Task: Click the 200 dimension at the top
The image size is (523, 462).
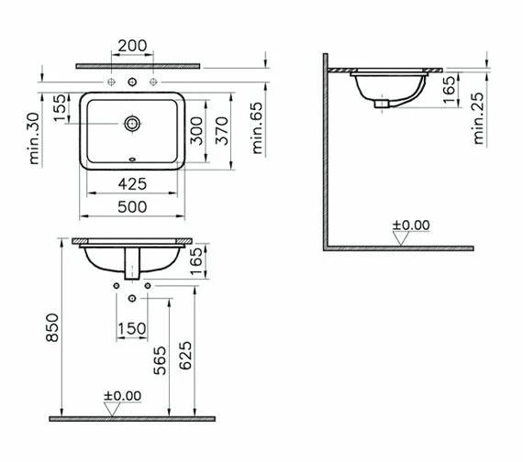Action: [x=132, y=46]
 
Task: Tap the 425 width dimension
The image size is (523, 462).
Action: [x=132, y=184]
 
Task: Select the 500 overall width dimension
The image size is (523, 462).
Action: [x=132, y=207]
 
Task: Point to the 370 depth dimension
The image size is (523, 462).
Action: [x=221, y=131]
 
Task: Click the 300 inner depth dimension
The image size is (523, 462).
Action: [x=196, y=131]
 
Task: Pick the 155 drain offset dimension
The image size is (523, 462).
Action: [x=60, y=108]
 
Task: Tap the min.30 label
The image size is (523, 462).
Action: [x=34, y=138]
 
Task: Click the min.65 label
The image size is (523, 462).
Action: [x=258, y=128]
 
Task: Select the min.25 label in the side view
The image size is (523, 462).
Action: [x=479, y=118]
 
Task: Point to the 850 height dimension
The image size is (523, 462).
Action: [x=52, y=327]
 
